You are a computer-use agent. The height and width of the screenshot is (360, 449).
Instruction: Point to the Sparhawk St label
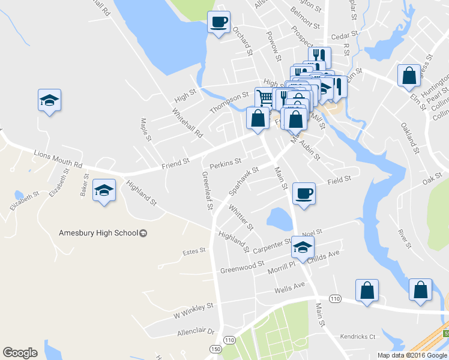click(243, 181)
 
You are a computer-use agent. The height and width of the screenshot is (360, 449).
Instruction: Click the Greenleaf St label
click(206, 191)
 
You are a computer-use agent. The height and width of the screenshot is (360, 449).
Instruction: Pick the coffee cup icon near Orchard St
click(218, 23)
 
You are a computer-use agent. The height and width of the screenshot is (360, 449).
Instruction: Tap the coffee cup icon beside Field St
click(303, 194)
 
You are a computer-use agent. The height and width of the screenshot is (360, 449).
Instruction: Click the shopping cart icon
click(265, 97)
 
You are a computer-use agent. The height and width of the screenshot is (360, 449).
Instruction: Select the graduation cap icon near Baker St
click(104, 191)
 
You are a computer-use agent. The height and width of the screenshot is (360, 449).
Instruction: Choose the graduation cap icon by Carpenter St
click(303, 247)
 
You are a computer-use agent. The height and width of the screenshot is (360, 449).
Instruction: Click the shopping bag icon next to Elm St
click(409, 76)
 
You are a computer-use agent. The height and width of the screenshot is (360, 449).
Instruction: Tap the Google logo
click(20, 353)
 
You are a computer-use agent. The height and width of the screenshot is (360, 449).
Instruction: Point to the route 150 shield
click(214, 349)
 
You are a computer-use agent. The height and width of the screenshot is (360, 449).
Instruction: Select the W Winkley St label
click(193, 310)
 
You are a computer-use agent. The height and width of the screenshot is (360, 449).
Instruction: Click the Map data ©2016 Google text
click(411, 355)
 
